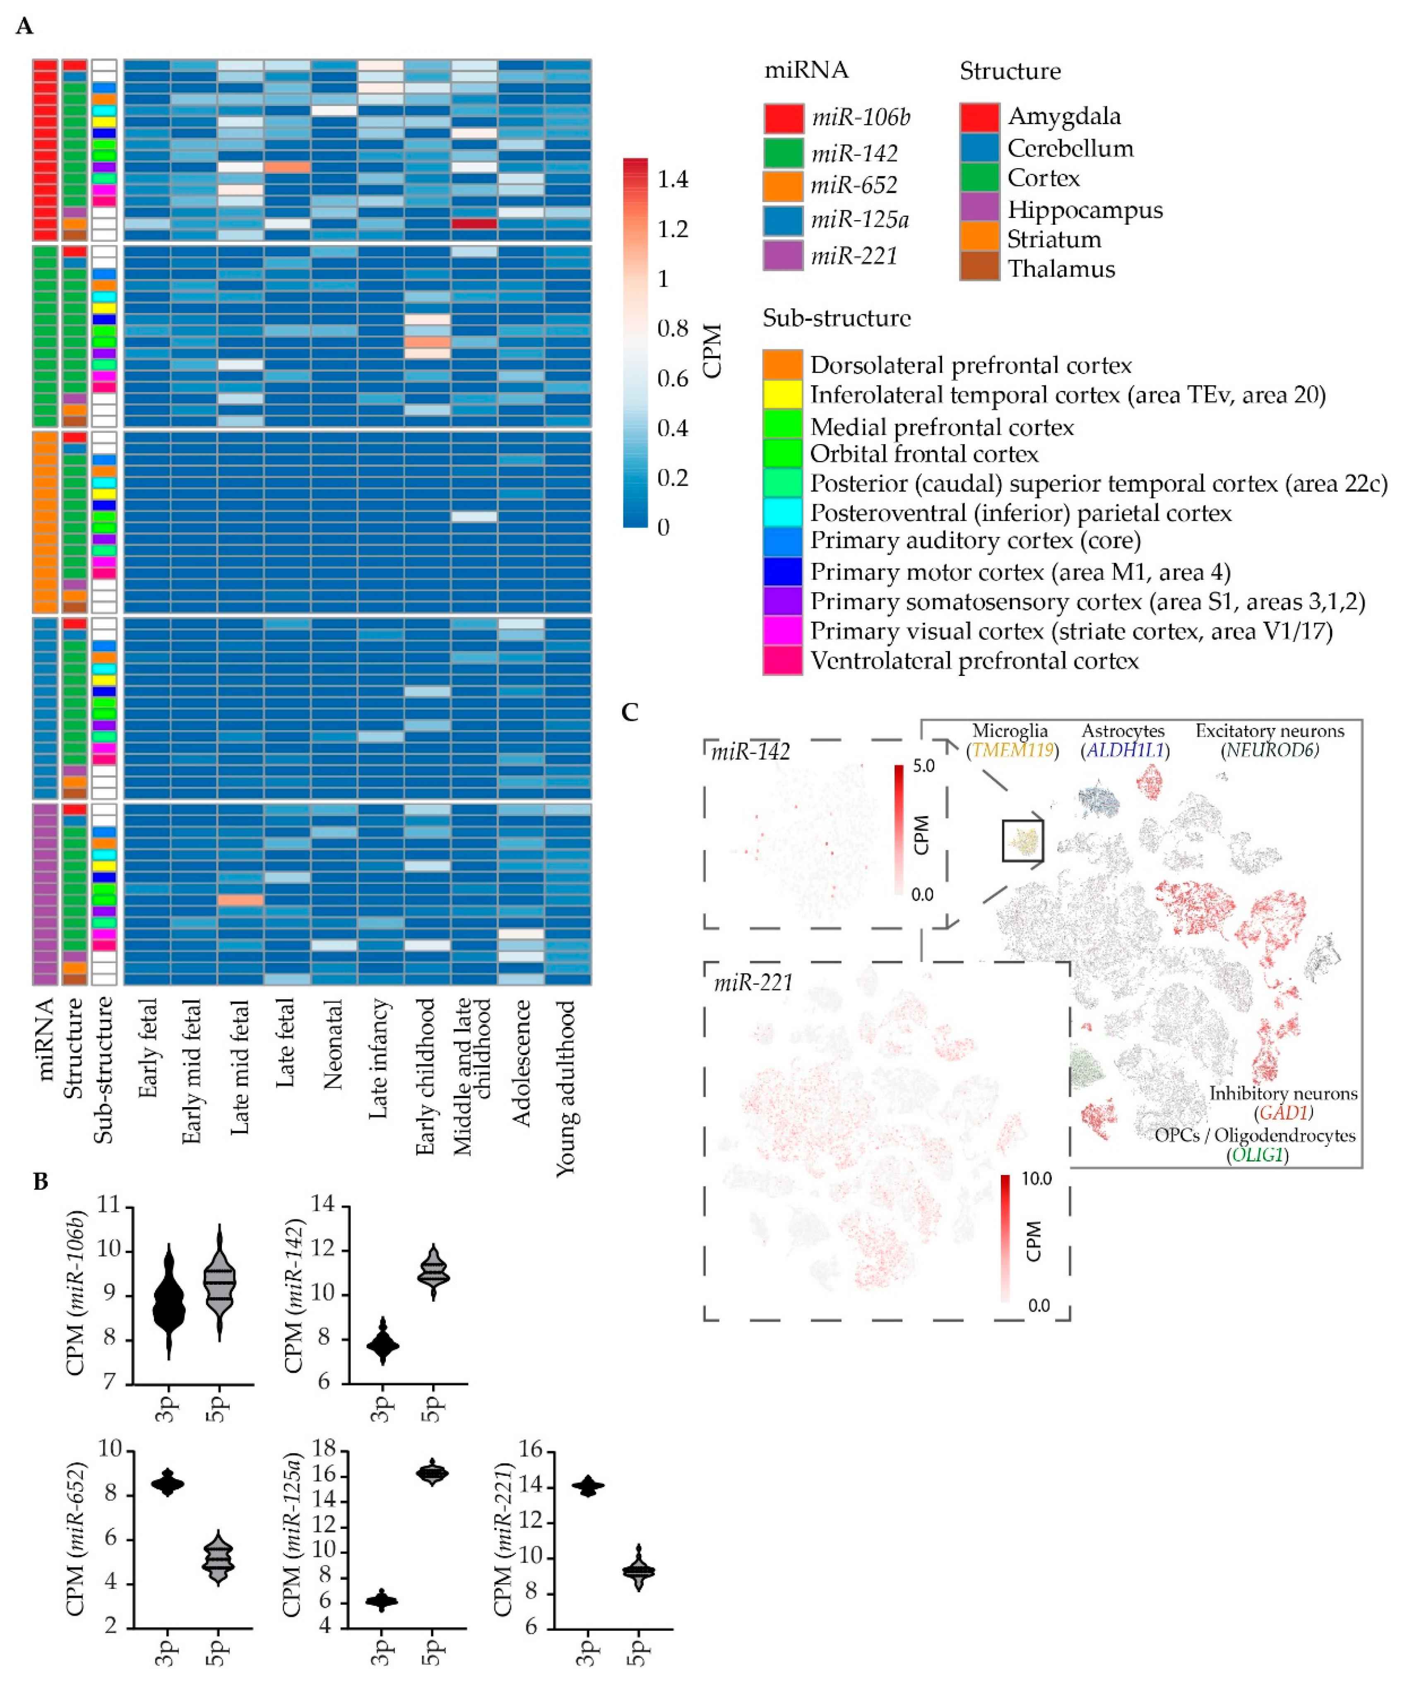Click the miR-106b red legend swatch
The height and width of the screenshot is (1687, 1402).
pyautogui.click(x=783, y=118)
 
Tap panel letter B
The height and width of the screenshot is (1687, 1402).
pyautogui.click(x=40, y=1181)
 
